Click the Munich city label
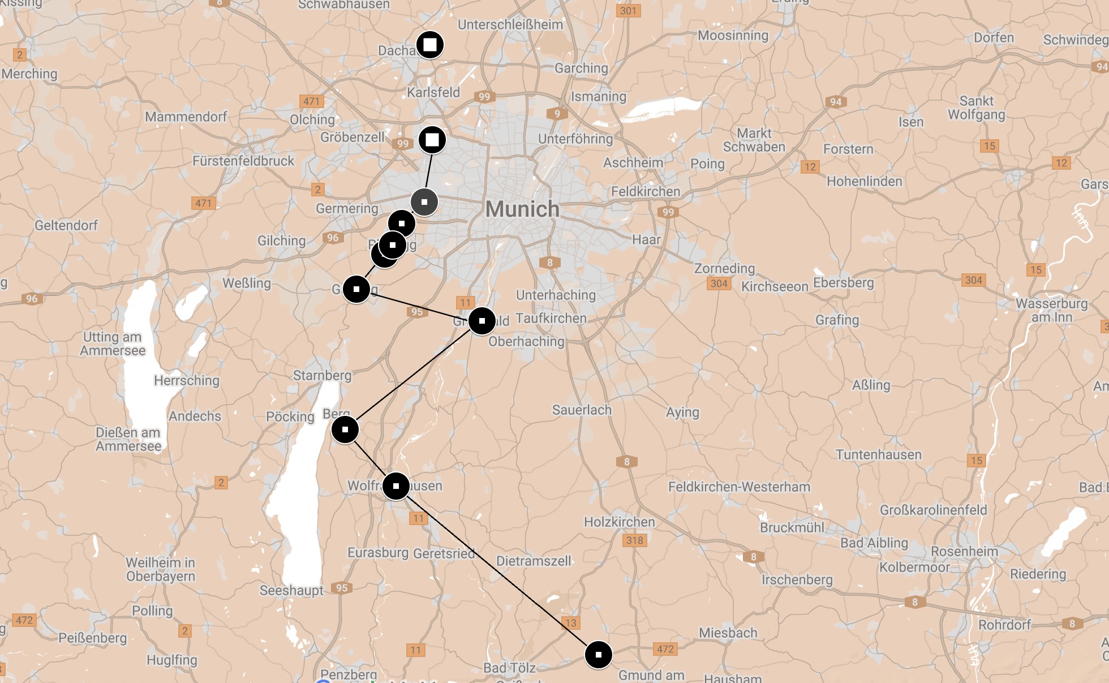point(522,209)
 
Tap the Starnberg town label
point(322,375)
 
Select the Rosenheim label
point(964,551)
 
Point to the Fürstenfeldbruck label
point(243,161)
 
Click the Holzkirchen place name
point(619,522)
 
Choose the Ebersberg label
point(843,282)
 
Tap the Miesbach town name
point(728,633)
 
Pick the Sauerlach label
point(582,410)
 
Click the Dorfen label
point(994,38)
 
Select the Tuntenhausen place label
point(879,454)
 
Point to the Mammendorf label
point(186,117)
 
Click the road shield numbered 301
point(628,11)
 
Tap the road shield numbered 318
point(634,540)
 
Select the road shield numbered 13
point(571,623)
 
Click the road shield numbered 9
point(557,114)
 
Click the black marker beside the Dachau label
point(430,45)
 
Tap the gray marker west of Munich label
point(424,202)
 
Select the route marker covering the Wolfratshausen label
point(396,486)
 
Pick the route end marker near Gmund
point(598,655)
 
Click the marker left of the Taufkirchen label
point(482,321)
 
